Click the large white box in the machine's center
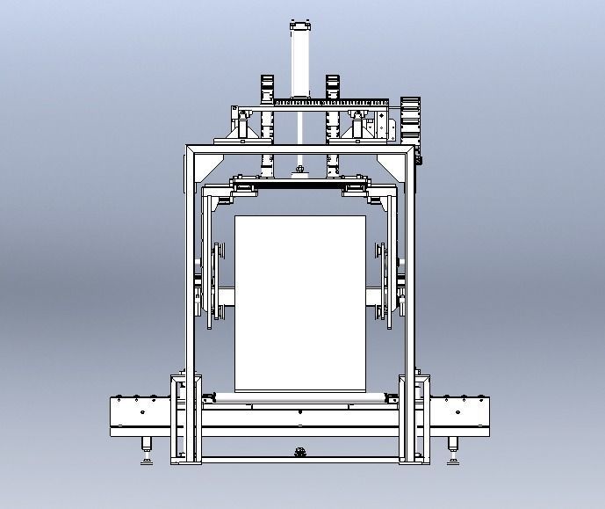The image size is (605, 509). point(300,303)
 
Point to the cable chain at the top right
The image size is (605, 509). point(411,119)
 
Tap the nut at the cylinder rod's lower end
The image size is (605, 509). point(300,169)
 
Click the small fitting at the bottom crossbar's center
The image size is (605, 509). point(300,453)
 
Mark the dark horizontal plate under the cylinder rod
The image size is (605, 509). point(300,185)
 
